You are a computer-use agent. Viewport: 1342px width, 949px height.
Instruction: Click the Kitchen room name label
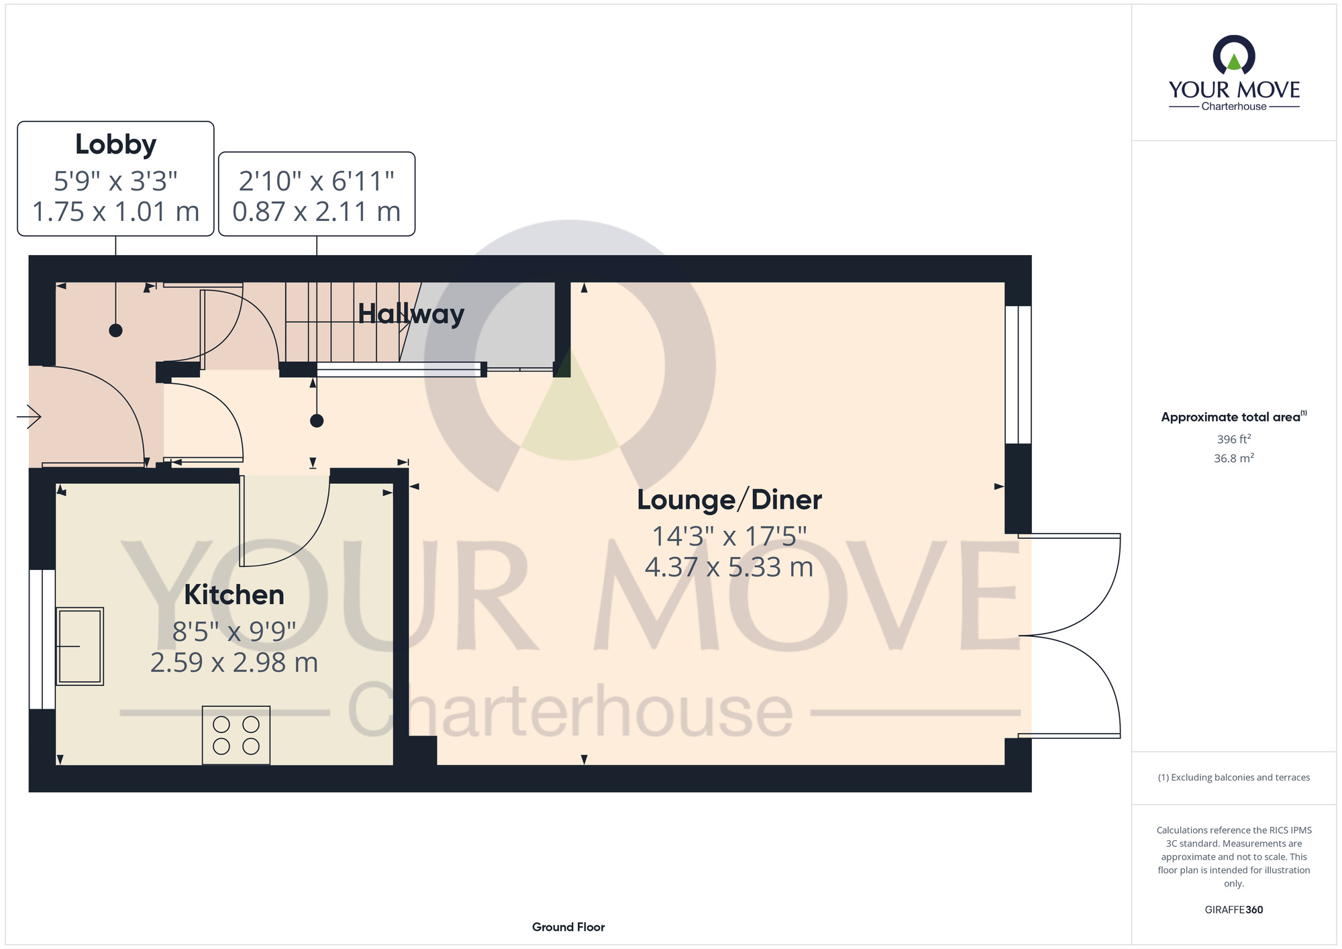tap(234, 595)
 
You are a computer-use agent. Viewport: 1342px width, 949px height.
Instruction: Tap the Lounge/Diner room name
tap(729, 500)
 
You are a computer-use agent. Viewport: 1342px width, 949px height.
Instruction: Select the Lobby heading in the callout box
tap(115, 145)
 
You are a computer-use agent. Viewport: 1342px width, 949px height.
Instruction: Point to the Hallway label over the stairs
tap(411, 314)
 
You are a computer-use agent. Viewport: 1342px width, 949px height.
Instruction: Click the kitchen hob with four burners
tap(236, 735)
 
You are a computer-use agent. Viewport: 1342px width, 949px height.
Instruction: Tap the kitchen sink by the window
tap(80, 646)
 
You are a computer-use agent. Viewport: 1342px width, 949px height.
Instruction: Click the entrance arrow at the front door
tap(29, 417)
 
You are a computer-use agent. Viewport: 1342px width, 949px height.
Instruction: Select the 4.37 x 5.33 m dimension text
tap(729, 568)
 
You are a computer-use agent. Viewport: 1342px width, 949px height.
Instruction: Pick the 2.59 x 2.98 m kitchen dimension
tap(234, 663)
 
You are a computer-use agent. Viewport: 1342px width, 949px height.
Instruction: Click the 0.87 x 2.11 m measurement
tap(317, 212)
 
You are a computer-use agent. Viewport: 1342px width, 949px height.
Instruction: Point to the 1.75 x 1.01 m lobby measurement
tap(115, 212)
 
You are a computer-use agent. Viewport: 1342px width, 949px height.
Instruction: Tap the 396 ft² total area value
tap(1234, 440)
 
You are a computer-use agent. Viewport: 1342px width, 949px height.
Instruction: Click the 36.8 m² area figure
tap(1234, 458)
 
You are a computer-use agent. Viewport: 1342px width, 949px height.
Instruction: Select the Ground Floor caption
tap(568, 927)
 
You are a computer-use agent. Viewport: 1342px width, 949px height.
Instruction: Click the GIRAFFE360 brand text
tap(1234, 910)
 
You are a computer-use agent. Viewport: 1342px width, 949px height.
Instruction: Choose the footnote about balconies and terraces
tap(1234, 777)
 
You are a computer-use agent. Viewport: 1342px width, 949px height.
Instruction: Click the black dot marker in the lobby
tap(116, 330)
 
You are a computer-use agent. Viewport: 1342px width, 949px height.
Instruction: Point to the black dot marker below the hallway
tap(317, 421)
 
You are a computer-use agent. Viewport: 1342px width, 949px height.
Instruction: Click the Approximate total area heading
tap(1234, 417)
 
